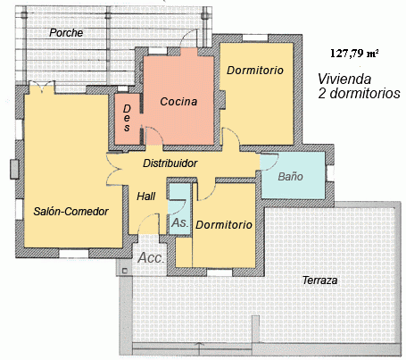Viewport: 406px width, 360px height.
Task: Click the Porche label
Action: click(66, 33)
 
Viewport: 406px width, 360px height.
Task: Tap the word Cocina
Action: click(178, 102)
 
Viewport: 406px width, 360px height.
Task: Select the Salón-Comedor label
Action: click(70, 211)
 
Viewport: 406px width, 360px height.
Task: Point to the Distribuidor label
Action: click(170, 163)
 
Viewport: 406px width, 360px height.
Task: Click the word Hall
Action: click(146, 197)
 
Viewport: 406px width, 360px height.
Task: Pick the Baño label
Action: click(290, 176)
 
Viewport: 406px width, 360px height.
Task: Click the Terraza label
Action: click(319, 280)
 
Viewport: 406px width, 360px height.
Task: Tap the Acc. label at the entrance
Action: click(151, 258)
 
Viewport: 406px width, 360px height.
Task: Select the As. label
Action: click(180, 222)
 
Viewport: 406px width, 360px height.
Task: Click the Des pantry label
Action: click(127, 118)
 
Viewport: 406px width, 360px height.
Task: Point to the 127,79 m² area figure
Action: click(354, 54)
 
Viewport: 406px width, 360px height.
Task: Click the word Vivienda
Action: click(344, 80)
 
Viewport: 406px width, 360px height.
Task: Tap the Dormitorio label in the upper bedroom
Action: click(255, 71)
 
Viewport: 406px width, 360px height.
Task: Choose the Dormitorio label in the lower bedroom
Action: click(224, 224)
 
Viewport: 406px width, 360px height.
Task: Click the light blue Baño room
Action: click(293, 176)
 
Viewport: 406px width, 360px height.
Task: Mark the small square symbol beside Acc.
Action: click(125, 271)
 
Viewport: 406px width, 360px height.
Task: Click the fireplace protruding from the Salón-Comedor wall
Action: click(14, 170)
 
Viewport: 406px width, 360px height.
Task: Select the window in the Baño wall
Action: click(330, 173)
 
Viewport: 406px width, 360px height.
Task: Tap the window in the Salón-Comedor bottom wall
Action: click(74, 254)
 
